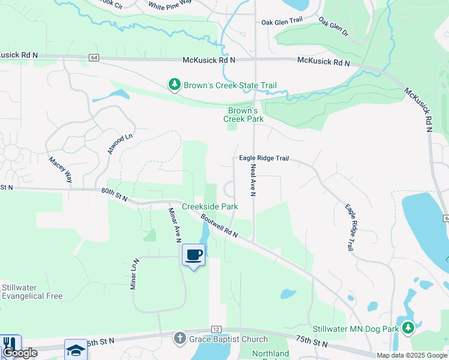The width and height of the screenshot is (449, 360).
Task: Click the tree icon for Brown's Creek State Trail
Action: pyautogui.click(x=175, y=85)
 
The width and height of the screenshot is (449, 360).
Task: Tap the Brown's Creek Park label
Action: pyautogui.click(x=243, y=115)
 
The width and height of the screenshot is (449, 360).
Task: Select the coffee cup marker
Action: pyautogui.click(x=193, y=256)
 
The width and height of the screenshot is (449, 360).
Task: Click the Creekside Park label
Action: pyautogui.click(x=209, y=206)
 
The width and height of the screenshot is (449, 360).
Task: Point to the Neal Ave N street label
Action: pyautogui.click(x=253, y=180)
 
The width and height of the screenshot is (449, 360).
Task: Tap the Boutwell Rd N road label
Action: pyautogui.click(x=220, y=226)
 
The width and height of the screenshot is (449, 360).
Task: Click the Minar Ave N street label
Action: pyautogui.click(x=175, y=224)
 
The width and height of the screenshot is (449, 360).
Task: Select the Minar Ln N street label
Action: pyautogui.click(x=135, y=274)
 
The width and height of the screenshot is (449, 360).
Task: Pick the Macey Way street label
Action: pyautogui.click(x=61, y=170)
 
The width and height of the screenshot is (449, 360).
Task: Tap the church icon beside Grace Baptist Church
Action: pyautogui.click(x=179, y=339)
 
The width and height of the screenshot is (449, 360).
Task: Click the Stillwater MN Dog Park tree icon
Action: pyautogui.click(x=408, y=328)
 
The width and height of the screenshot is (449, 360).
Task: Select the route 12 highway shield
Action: pyautogui.click(x=215, y=329)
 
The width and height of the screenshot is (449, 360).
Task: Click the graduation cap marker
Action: pyautogui.click(x=76, y=349)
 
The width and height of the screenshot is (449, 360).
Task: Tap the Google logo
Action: pyautogui.click(x=20, y=353)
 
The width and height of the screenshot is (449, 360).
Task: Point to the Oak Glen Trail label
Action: pyautogui.click(x=281, y=22)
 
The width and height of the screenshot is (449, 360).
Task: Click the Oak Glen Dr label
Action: pyautogui.click(x=333, y=26)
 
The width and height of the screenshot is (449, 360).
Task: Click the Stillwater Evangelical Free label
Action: pyautogui.click(x=32, y=292)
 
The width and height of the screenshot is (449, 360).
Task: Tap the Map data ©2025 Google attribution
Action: pyautogui.click(x=411, y=355)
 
